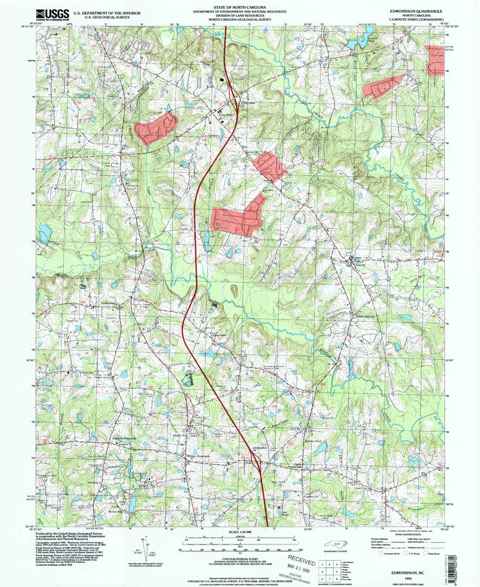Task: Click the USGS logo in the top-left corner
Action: point(52,14)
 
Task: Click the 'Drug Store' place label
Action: point(225,115)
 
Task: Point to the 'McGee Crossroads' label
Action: point(199,456)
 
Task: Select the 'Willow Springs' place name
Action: point(365,316)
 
